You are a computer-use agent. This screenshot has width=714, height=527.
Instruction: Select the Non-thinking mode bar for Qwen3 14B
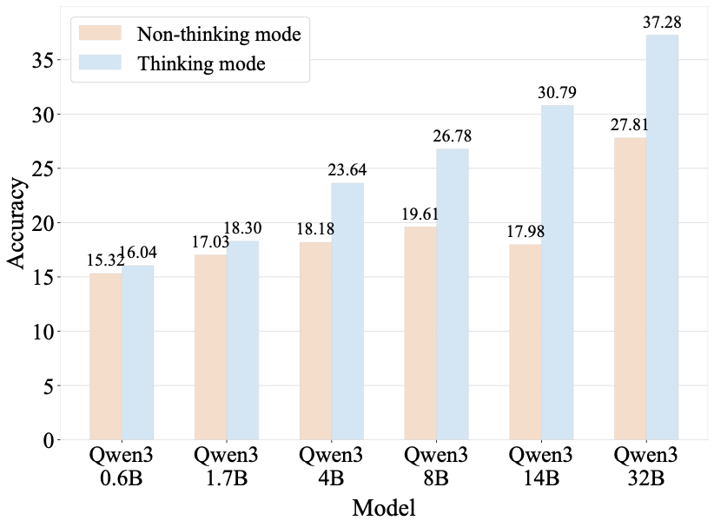(x=526, y=342)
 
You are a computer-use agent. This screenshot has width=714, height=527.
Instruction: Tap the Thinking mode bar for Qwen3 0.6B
(x=137, y=352)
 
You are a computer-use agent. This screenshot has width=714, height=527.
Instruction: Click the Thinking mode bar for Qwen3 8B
(x=453, y=294)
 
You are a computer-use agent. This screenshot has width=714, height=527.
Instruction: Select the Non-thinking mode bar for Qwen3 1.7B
(x=210, y=347)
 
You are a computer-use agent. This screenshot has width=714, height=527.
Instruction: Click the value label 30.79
(x=557, y=92)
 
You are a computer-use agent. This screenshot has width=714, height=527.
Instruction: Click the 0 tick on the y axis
(x=45, y=440)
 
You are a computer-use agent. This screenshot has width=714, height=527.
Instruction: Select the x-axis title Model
(x=383, y=508)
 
